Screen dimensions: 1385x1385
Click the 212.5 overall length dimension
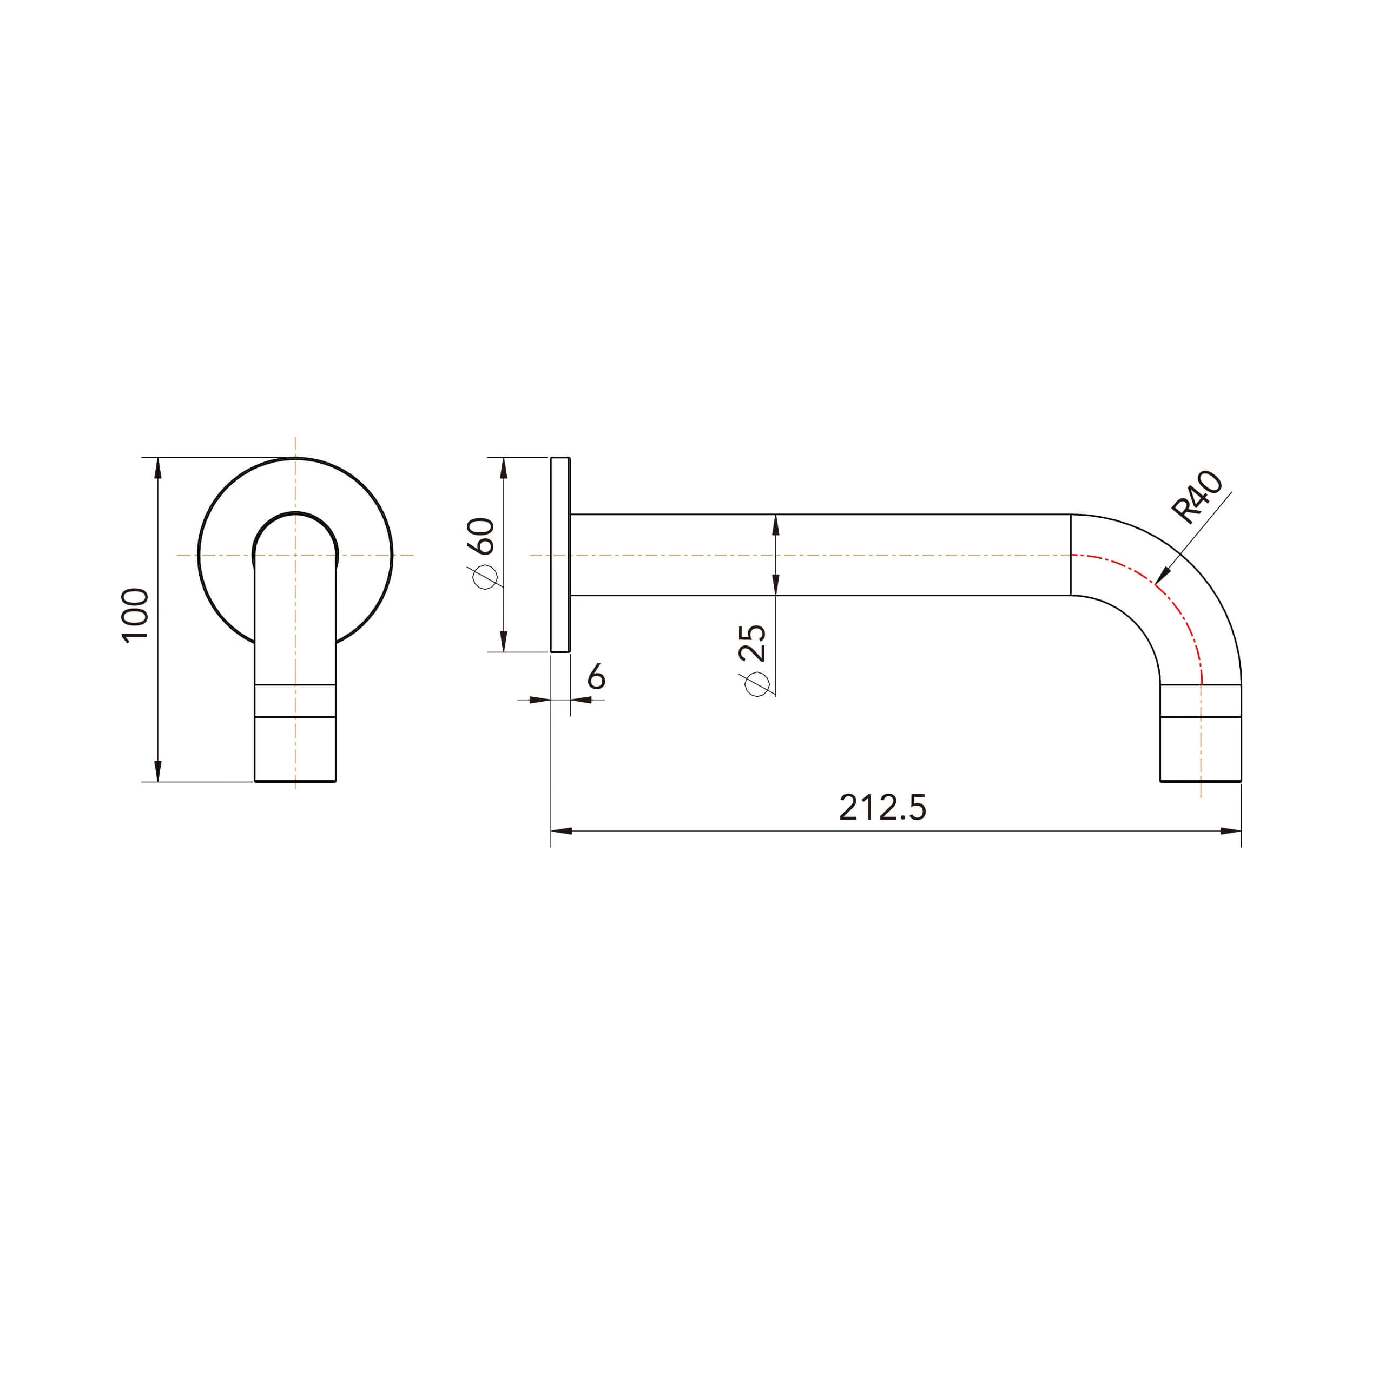tap(882, 807)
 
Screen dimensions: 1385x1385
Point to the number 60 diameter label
tap(485, 536)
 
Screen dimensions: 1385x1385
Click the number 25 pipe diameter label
tap(753, 643)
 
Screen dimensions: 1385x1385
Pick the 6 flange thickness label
tap(596, 676)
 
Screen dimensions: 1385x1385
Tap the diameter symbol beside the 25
tap(756, 684)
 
